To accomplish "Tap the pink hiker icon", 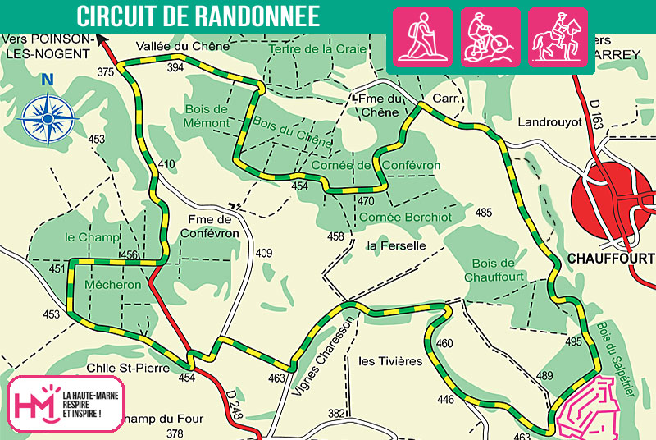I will (423, 36).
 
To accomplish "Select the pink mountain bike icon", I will (490, 36).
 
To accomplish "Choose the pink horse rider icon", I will (557, 36).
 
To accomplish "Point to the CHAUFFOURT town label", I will (610, 259).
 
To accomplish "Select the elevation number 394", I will (175, 67).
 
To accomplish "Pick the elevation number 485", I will (484, 213).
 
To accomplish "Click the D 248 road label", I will (232, 408).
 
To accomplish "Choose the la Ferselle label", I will (396, 245).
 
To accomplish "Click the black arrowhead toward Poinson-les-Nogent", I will (102, 37).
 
